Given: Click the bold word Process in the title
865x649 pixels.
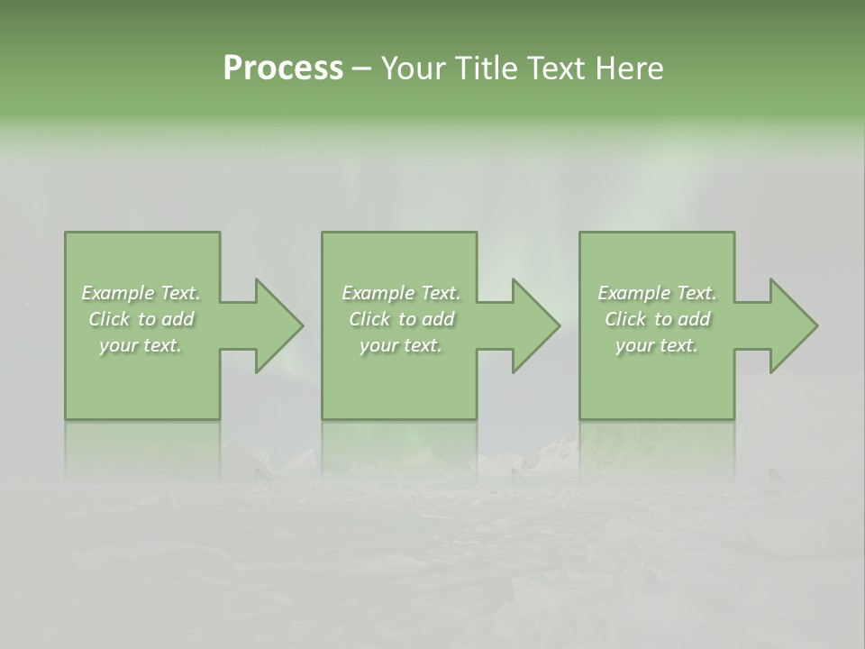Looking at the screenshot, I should pos(283,69).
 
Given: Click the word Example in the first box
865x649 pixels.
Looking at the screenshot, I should pos(118,293).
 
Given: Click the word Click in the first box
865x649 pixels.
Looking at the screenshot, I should pos(110,319).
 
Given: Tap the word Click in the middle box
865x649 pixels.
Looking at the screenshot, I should pos(370,319).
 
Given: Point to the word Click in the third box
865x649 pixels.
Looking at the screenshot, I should pos(626,319).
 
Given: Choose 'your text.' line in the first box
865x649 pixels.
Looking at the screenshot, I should pos(141,345).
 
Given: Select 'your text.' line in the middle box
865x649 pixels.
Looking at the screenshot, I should pos(401,345).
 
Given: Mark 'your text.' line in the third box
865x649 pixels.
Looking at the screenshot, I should pos(657,345).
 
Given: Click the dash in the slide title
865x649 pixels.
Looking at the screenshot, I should pos(361,69).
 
